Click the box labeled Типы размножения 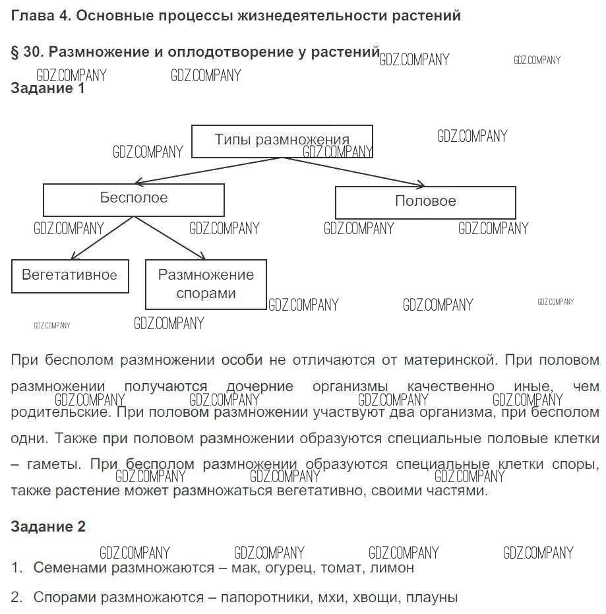pyautogui.click(x=282, y=141)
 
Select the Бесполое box pyautogui.click(x=134, y=199)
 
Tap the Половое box pyautogui.click(x=425, y=202)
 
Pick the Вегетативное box pyautogui.click(x=70, y=276)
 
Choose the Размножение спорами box pyautogui.click(x=206, y=284)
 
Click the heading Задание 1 pyautogui.click(x=48, y=89)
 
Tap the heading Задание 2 pyautogui.click(x=48, y=527)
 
